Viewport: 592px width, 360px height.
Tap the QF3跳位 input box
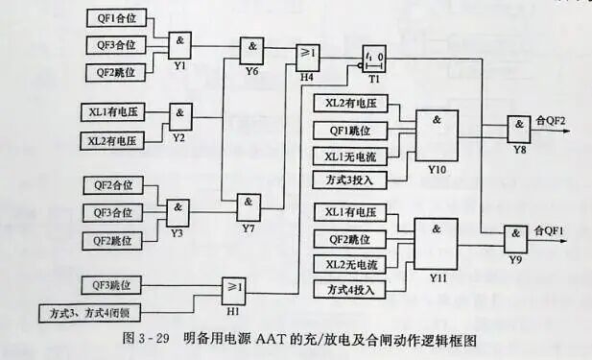111,285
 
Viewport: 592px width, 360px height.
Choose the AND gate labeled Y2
179,114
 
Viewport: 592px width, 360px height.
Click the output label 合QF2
551,120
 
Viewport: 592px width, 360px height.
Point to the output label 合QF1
551,230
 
